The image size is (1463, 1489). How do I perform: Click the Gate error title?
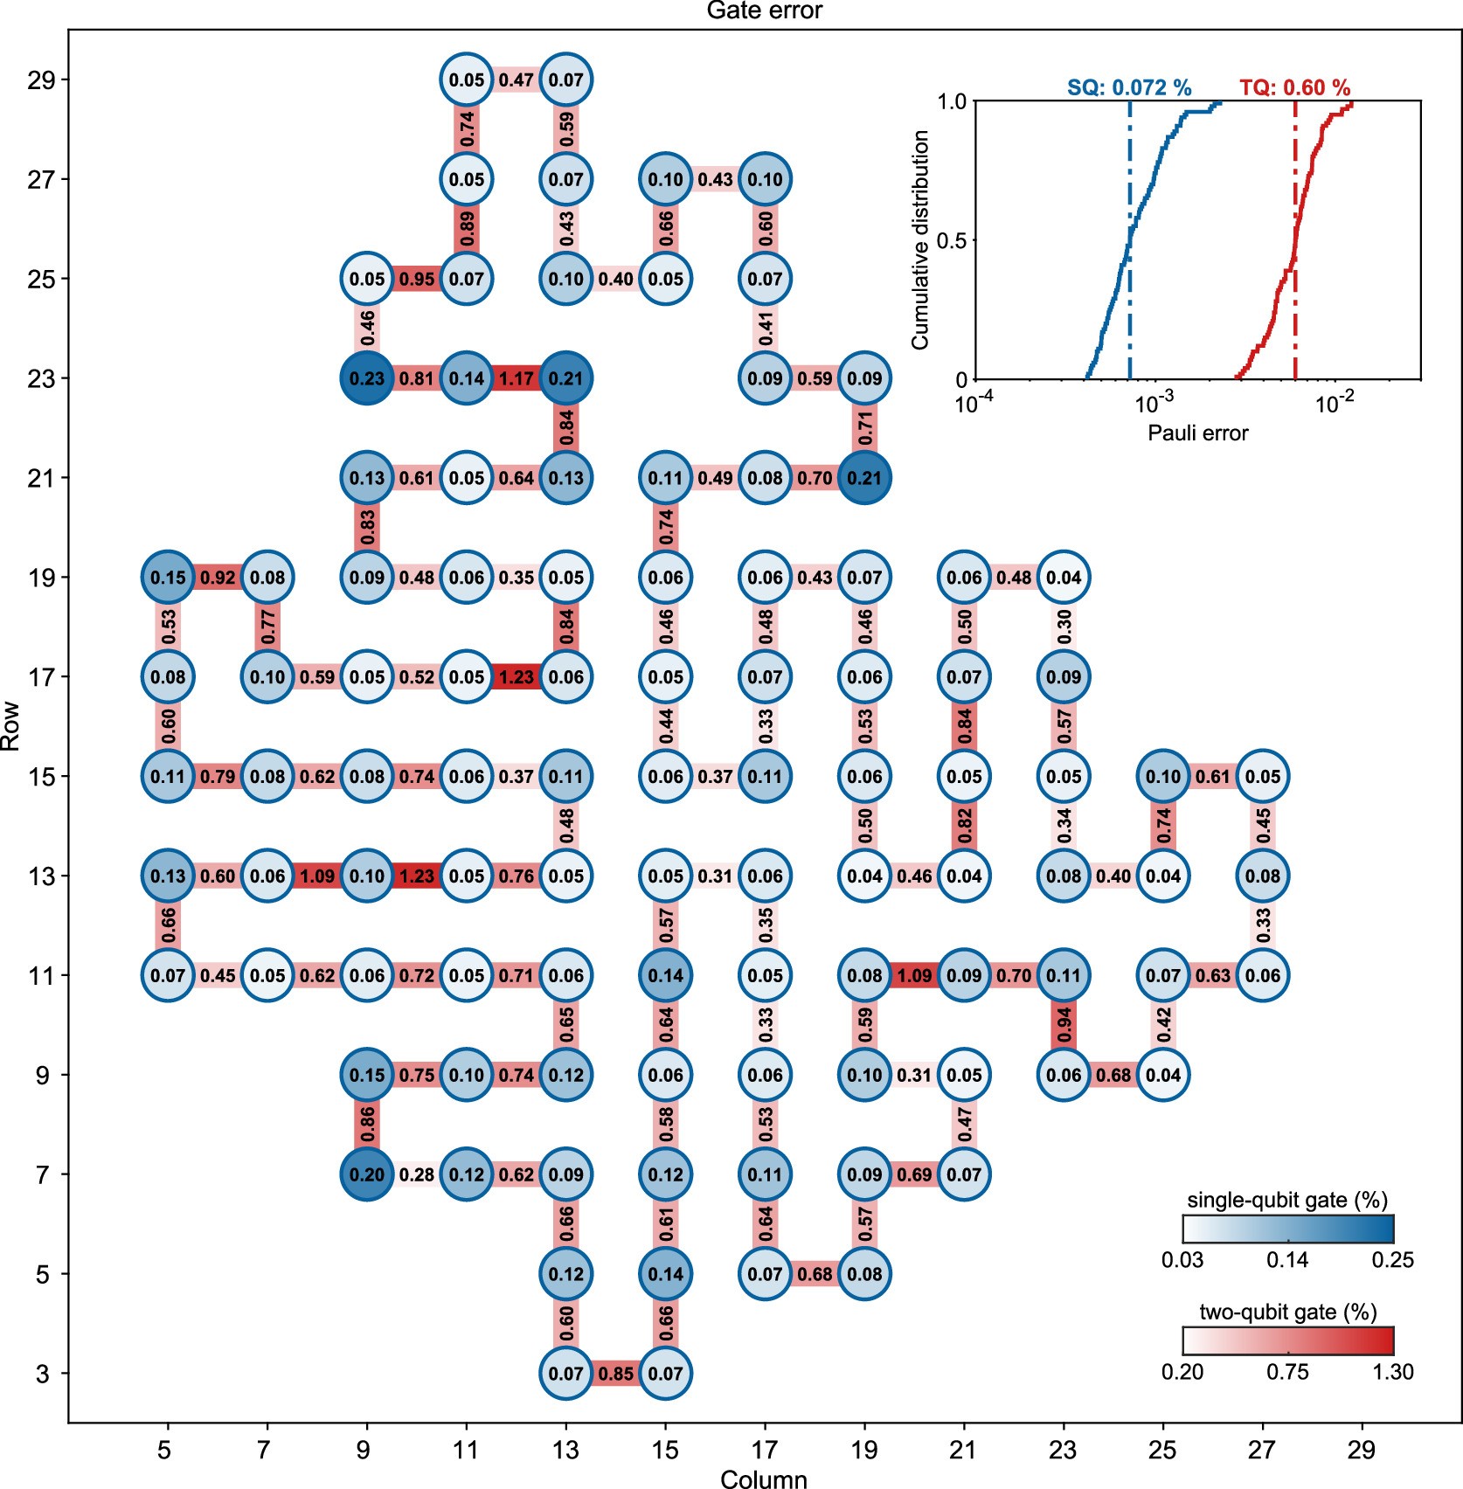tap(764, 10)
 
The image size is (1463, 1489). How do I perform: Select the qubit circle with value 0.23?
tap(367, 378)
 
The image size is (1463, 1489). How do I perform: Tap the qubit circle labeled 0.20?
tap(367, 1174)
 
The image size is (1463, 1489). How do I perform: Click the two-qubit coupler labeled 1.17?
tap(517, 378)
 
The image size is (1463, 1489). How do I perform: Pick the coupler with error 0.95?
tap(417, 279)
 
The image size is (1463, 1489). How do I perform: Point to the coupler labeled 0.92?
tap(218, 578)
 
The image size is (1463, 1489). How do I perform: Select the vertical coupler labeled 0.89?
tap(467, 229)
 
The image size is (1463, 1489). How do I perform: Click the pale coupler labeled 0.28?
tap(417, 1174)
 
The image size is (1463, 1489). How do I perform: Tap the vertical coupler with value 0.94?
tap(1064, 1025)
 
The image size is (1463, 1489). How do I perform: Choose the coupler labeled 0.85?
tap(616, 1374)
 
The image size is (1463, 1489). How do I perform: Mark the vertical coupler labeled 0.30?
tap(1064, 627)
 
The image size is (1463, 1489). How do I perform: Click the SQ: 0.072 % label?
tap(1129, 87)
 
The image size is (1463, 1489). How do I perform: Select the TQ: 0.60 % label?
tap(1294, 87)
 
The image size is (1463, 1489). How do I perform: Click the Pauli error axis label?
tap(1197, 433)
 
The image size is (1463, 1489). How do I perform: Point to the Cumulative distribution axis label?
tap(920, 240)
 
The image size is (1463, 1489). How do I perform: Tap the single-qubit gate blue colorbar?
tap(1287, 1229)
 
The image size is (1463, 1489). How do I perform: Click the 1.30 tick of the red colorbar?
tap(1392, 1372)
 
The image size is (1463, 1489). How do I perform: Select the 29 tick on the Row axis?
tap(41, 80)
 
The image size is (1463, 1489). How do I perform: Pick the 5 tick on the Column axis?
tap(164, 1451)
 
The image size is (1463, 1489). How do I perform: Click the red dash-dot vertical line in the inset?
tap(1294, 262)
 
